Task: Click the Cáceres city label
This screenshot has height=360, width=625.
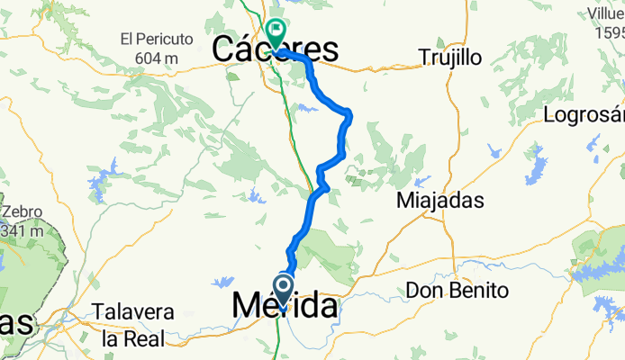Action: coord(276,50)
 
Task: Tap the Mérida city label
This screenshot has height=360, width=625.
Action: coord(285,307)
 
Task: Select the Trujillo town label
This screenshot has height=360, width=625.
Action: coord(450,58)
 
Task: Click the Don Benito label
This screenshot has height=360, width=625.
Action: coord(457,291)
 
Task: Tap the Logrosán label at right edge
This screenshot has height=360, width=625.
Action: coord(585,115)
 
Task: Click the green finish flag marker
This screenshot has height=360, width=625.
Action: coord(276,29)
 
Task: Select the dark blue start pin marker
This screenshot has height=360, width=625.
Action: coord(283,290)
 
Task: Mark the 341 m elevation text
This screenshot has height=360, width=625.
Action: coord(21,230)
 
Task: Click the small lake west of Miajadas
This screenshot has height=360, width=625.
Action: coord(420,180)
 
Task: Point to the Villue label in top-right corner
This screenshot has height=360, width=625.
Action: coord(605,13)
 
